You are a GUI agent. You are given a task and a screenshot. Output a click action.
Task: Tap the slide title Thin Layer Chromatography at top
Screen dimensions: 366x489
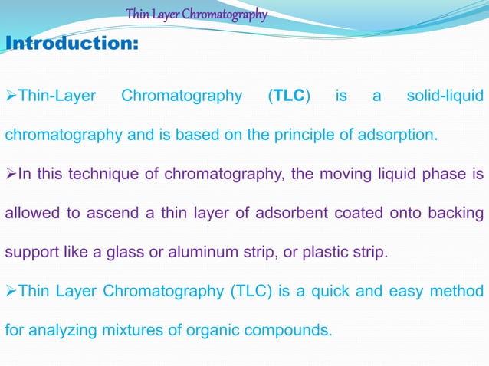[196, 14]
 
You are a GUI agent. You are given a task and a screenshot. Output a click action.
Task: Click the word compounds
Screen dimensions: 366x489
[293, 332]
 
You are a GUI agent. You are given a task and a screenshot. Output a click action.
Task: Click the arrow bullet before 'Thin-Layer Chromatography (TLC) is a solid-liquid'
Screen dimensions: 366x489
[11, 97]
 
